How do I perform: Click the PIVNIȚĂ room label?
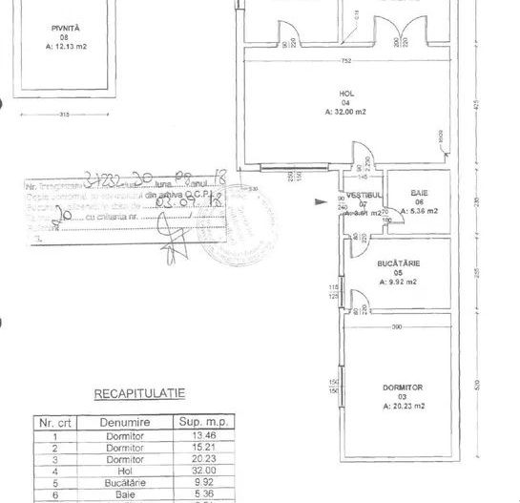[x=65, y=30]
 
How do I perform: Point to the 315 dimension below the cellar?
[x=65, y=115]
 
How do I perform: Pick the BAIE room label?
[x=420, y=193]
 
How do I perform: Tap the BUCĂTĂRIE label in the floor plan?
[x=400, y=262]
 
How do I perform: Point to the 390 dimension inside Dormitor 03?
[x=398, y=327]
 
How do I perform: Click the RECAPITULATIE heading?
[x=138, y=392]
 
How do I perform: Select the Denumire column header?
[x=120, y=420]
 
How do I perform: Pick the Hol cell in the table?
[x=120, y=471]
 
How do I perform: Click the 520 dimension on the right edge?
[x=476, y=385]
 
